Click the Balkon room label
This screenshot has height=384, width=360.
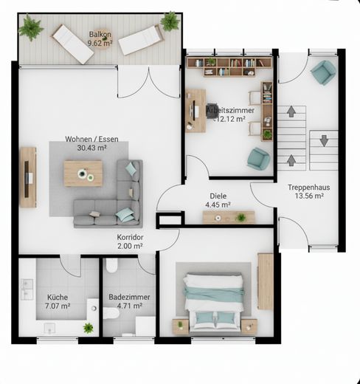pyautogui.click(x=100, y=34)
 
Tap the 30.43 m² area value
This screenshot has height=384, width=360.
pyautogui.click(x=91, y=148)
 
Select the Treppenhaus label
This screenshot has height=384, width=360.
pyautogui.click(x=309, y=188)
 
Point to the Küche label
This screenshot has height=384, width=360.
pyautogui.click(x=58, y=297)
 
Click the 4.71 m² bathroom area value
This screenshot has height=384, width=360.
pyautogui.click(x=130, y=306)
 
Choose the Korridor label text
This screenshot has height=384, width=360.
pyautogui.click(x=130, y=237)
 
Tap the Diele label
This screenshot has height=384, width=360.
pyautogui.click(x=218, y=196)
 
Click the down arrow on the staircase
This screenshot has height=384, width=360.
pyautogui.click(x=324, y=140)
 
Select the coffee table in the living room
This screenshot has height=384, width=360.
pyautogui.click(x=83, y=174)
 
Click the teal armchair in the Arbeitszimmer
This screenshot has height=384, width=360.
pyautogui.click(x=258, y=159)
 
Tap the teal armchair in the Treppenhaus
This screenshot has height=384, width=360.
pyautogui.click(x=323, y=72)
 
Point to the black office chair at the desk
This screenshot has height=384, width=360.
pyautogui.click(x=212, y=111)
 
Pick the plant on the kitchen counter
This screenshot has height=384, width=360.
pyautogui.click(x=89, y=328)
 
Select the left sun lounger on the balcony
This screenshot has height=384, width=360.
pyautogui.click(x=73, y=44)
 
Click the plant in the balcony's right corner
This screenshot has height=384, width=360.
pyautogui.click(x=170, y=21)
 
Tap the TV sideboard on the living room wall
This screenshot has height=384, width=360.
pyautogui.click(x=28, y=177)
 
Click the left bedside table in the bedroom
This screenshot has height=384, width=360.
pyautogui.click(x=181, y=326)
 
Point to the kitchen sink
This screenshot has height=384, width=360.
pyautogui.click(x=27, y=289)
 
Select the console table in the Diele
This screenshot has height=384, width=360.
pyautogui.click(x=229, y=217)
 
